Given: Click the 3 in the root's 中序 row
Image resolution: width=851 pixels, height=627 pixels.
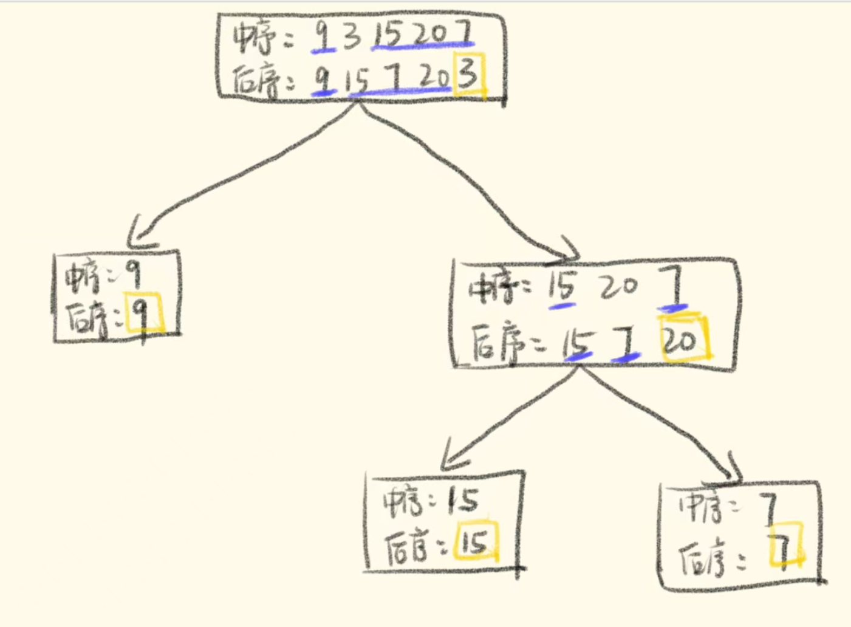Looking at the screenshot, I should tap(351, 38).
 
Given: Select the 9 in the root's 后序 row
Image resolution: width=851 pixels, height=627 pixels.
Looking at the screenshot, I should tap(323, 78).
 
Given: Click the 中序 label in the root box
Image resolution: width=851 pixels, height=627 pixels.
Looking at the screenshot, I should tap(255, 38).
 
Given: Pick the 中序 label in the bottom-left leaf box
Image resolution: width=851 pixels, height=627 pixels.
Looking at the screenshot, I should tap(403, 502).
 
